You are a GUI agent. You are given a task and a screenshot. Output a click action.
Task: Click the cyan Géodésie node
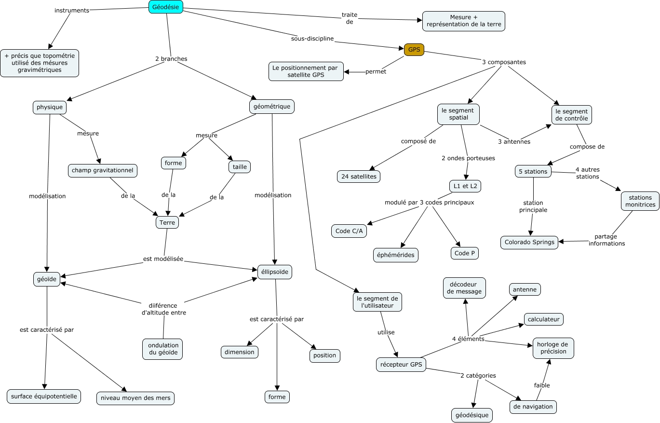(165, 7)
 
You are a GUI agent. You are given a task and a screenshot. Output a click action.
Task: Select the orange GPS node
(414, 50)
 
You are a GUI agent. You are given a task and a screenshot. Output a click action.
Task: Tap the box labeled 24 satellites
(359, 177)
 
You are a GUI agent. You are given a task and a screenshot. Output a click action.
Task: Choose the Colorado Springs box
(529, 242)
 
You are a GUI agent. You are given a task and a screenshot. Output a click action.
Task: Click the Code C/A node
(349, 231)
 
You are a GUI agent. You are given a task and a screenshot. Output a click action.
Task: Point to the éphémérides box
(396, 255)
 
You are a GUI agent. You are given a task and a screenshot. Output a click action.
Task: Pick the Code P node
(465, 253)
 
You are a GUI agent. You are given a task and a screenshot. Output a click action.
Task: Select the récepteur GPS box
(401, 365)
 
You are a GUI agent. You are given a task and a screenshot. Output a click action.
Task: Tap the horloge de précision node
(553, 348)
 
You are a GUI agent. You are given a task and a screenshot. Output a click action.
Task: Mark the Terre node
(167, 222)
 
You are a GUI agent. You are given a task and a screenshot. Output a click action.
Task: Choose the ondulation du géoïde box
(163, 349)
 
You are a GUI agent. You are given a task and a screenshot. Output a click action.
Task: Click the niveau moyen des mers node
(135, 398)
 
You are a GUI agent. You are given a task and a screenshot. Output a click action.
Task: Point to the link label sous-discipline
(312, 38)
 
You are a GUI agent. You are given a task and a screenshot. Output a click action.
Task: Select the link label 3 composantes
(503, 62)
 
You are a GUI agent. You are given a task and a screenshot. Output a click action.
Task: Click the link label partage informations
(606, 240)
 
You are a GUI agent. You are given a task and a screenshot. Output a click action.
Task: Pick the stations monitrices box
(640, 201)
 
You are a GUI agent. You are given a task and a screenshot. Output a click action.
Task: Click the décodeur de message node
(464, 288)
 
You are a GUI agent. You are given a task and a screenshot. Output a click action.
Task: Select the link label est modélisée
(163, 259)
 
